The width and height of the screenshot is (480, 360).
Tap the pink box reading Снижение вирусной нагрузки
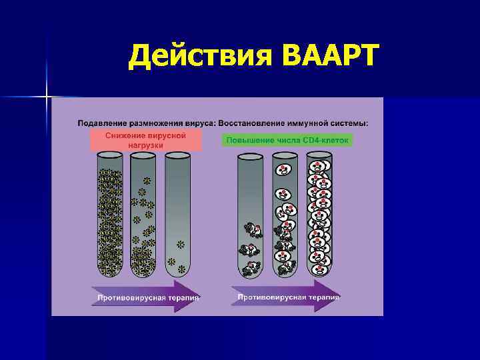[145, 141]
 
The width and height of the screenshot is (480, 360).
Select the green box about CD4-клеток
[287, 141]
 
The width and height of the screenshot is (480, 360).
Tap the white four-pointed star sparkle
[47, 97]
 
